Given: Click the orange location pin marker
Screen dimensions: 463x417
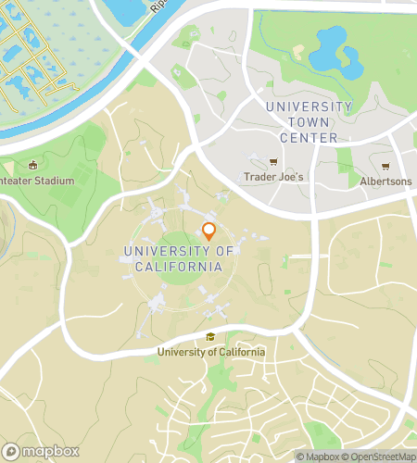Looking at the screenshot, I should click(208, 231).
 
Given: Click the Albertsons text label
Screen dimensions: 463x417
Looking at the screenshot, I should click(385, 181).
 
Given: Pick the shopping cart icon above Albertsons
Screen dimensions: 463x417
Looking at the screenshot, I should click(385, 167).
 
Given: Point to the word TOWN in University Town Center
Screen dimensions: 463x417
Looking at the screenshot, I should click(308, 122).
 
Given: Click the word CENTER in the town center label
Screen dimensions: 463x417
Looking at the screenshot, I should click(309, 138).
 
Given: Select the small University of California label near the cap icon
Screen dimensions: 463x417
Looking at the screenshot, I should click(211, 352).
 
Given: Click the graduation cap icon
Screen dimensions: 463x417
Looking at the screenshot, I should click(211, 337).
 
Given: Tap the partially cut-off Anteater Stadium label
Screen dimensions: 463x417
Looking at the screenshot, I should click(37, 180).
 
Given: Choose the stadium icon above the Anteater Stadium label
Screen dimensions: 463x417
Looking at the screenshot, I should click(35, 165).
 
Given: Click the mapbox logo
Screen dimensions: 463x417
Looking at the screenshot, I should click(42, 451).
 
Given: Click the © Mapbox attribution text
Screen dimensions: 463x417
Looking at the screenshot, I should click(317, 456).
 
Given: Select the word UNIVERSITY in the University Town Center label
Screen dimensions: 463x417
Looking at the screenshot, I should click(309, 106).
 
